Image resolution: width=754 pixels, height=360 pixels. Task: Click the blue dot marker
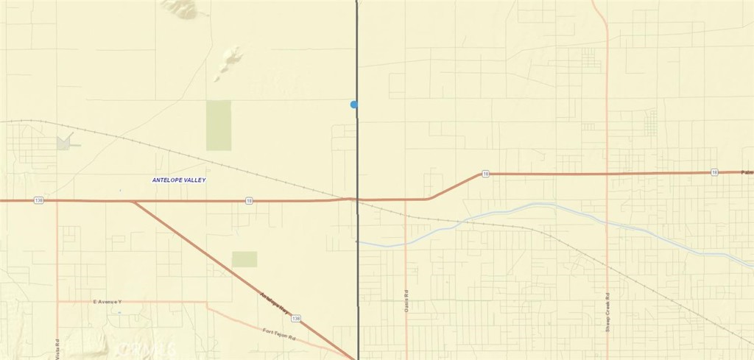354,105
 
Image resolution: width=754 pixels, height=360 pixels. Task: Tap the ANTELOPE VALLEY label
179,180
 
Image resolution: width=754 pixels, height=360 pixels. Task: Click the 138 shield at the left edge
38,200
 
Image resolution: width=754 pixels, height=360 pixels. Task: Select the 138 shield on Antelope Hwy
295,318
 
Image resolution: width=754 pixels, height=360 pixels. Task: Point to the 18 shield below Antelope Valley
250,200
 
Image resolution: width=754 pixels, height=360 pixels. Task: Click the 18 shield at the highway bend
485,174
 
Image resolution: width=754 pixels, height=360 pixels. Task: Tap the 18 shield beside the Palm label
714,172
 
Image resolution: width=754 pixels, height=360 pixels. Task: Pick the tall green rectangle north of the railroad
218,125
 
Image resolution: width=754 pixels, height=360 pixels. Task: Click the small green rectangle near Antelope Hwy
244,259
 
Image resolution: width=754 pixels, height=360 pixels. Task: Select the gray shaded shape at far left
64,141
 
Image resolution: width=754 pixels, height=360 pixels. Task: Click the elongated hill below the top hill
229,63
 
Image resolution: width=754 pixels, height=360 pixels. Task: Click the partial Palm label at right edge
747,172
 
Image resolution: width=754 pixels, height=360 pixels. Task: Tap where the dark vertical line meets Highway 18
357,199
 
